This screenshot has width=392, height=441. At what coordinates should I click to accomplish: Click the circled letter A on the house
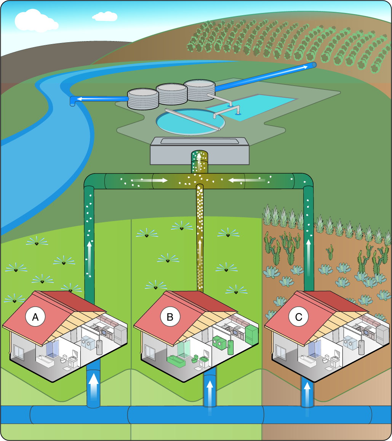pyautogui.click(x=35, y=317)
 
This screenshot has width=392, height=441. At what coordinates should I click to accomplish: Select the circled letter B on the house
pyautogui.click(x=167, y=317)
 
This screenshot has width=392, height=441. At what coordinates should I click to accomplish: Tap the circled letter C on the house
pyautogui.click(x=298, y=317)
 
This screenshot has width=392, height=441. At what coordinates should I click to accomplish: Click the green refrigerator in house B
pyautogui.click(x=251, y=334)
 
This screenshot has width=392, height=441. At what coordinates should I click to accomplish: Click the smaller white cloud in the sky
pyautogui.click(x=104, y=16)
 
